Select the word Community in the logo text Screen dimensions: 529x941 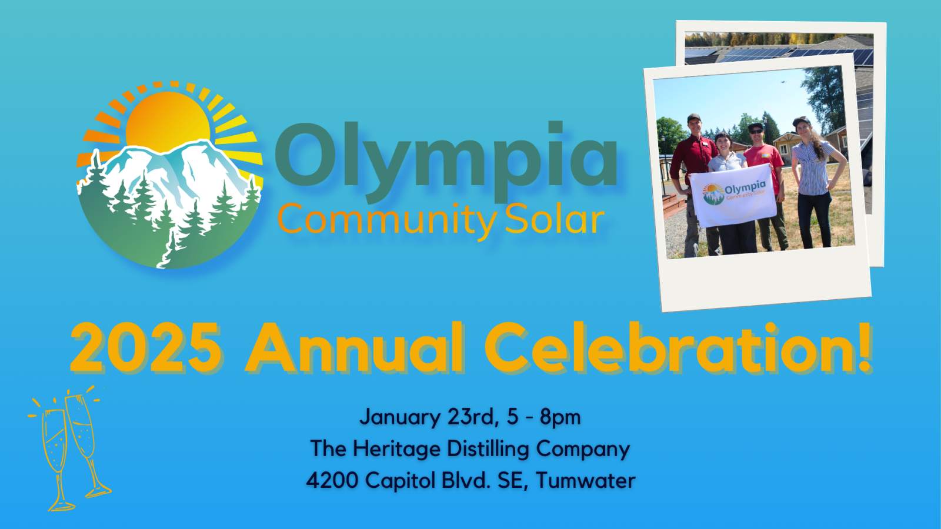(386, 220)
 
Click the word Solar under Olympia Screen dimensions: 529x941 (554, 220)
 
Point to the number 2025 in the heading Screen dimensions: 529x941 (146, 348)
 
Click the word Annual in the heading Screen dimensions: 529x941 (355, 348)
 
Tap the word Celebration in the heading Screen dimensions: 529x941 (668, 348)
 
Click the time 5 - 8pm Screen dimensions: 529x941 (543, 417)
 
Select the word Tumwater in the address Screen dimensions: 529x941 (585, 481)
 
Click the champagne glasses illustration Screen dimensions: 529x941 (71, 450)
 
